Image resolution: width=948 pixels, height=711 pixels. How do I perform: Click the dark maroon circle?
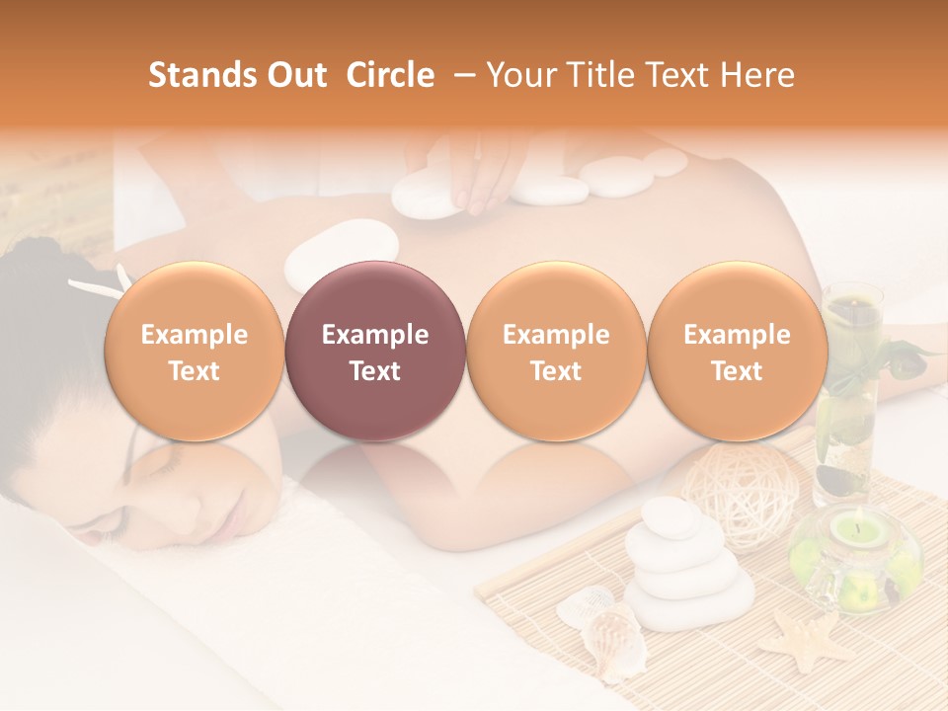[x=374, y=353]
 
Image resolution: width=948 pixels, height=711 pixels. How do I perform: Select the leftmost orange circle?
[x=194, y=353]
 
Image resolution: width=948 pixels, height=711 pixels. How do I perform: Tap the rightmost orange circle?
[x=737, y=353]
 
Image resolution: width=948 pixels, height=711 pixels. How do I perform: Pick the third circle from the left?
[x=556, y=353]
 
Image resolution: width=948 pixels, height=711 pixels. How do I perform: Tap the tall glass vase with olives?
[x=847, y=395]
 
